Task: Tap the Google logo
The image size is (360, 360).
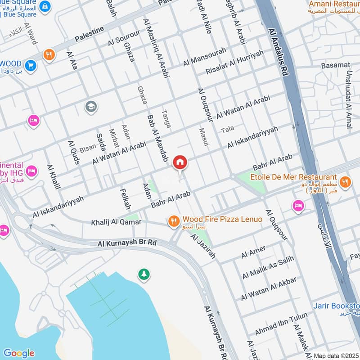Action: (18, 353)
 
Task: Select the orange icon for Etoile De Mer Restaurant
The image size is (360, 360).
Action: (345, 181)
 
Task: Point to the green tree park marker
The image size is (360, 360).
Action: (144, 274)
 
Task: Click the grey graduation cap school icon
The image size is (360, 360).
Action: (91, 107)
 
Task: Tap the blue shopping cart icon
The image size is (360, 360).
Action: (31, 65)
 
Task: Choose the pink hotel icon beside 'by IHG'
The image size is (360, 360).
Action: (31, 171)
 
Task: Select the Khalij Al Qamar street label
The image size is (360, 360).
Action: (117, 222)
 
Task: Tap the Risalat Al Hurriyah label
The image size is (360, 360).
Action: (234, 62)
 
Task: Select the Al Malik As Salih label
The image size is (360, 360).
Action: (268, 267)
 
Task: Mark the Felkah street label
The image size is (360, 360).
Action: (126, 199)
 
